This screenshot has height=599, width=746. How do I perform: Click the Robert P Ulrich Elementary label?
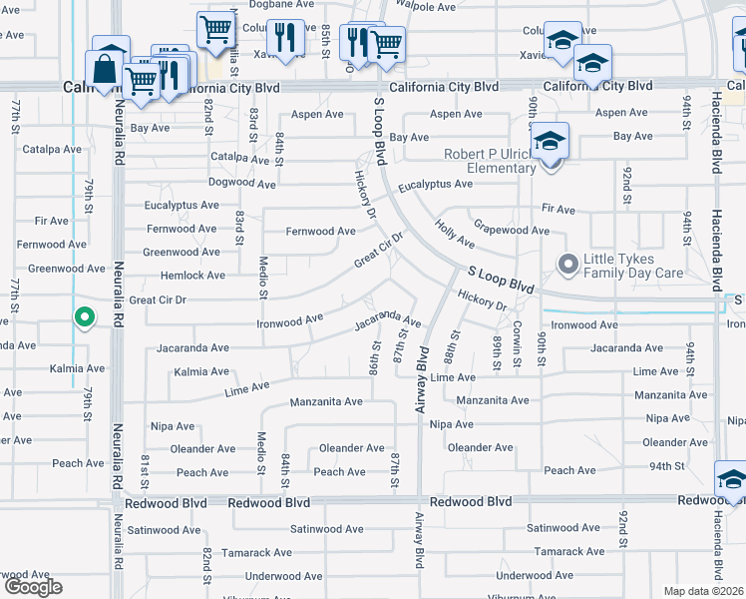pyautogui.click(x=491, y=161)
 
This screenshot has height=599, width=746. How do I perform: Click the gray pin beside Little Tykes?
pyautogui.click(x=568, y=265)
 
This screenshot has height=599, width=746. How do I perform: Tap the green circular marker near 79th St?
pyautogui.click(x=85, y=318)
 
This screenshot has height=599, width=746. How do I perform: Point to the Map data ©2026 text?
pyautogui.click(x=704, y=591)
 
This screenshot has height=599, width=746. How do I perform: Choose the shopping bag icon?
pyautogui.click(x=105, y=72)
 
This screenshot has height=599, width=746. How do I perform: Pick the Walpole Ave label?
pyautogui.click(x=427, y=7)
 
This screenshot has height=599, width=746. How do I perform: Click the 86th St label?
pyautogui.click(x=376, y=356)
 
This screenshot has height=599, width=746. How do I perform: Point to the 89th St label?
pyautogui.click(x=496, y=352)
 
